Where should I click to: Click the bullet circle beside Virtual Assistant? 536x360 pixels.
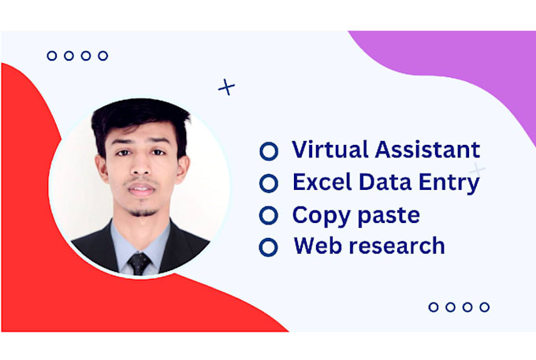pos(269,150)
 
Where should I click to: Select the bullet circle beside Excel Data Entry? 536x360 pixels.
pos(269,183)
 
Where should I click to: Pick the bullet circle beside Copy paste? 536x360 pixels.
pos(269,215)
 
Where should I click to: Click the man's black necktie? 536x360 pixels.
pos(140,263)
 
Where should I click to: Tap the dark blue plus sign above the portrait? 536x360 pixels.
pos(227,87)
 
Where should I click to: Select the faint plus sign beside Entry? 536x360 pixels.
pos(478,171)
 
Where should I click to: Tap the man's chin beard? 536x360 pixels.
pos(142,211)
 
